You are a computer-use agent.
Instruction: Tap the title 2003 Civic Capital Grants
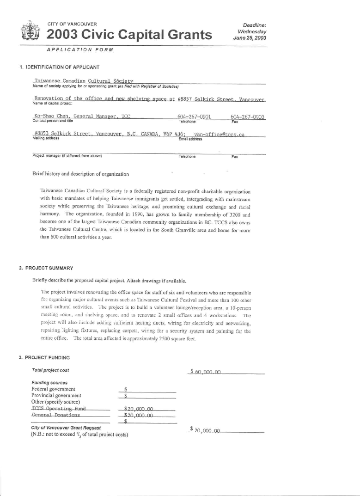[129, 34]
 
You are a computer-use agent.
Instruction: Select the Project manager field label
[67, 156]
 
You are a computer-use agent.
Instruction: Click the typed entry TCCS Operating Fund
[59, 408]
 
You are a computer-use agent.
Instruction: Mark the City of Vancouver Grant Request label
[66, 429]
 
